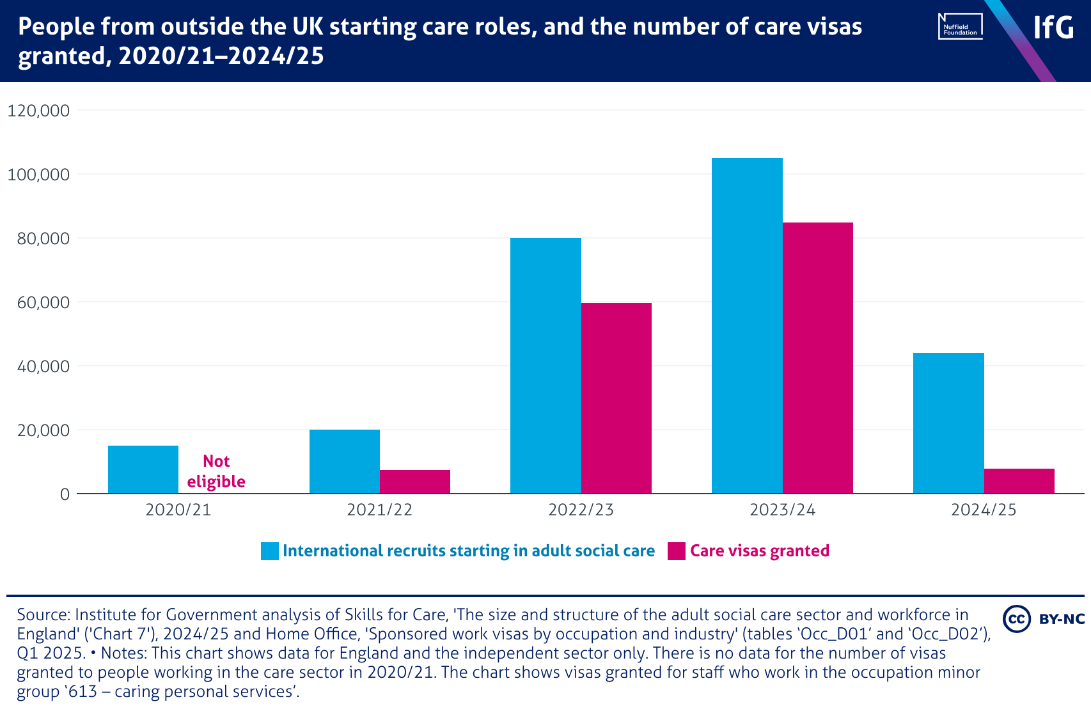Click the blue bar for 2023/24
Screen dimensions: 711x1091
pos(747,325)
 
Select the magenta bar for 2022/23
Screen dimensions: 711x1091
pos(616,398)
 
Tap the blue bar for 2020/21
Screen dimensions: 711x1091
pos(143,469)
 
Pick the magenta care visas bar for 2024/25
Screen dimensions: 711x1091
pos(1019,481)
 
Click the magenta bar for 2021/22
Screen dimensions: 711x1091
pos(414,481)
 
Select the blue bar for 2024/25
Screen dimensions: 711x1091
pos(948,423)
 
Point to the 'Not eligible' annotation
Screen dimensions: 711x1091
pos(216,471)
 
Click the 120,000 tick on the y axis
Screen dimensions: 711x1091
pos(38,111)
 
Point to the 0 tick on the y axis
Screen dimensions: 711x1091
pos(65,494)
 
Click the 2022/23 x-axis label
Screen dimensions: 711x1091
pos(581,510)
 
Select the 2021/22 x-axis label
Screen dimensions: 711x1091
pos(379,510)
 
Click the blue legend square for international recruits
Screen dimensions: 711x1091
pos(270,551)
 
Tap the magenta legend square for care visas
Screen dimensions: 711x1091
pos(676,551)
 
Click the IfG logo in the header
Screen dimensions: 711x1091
pos(1053,27)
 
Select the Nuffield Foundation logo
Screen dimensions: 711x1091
pos(960,27)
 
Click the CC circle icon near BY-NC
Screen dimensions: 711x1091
pos(1016,619)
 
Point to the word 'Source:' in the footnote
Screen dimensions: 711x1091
pos(43,615)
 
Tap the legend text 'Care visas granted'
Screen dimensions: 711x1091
pos(759,551)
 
